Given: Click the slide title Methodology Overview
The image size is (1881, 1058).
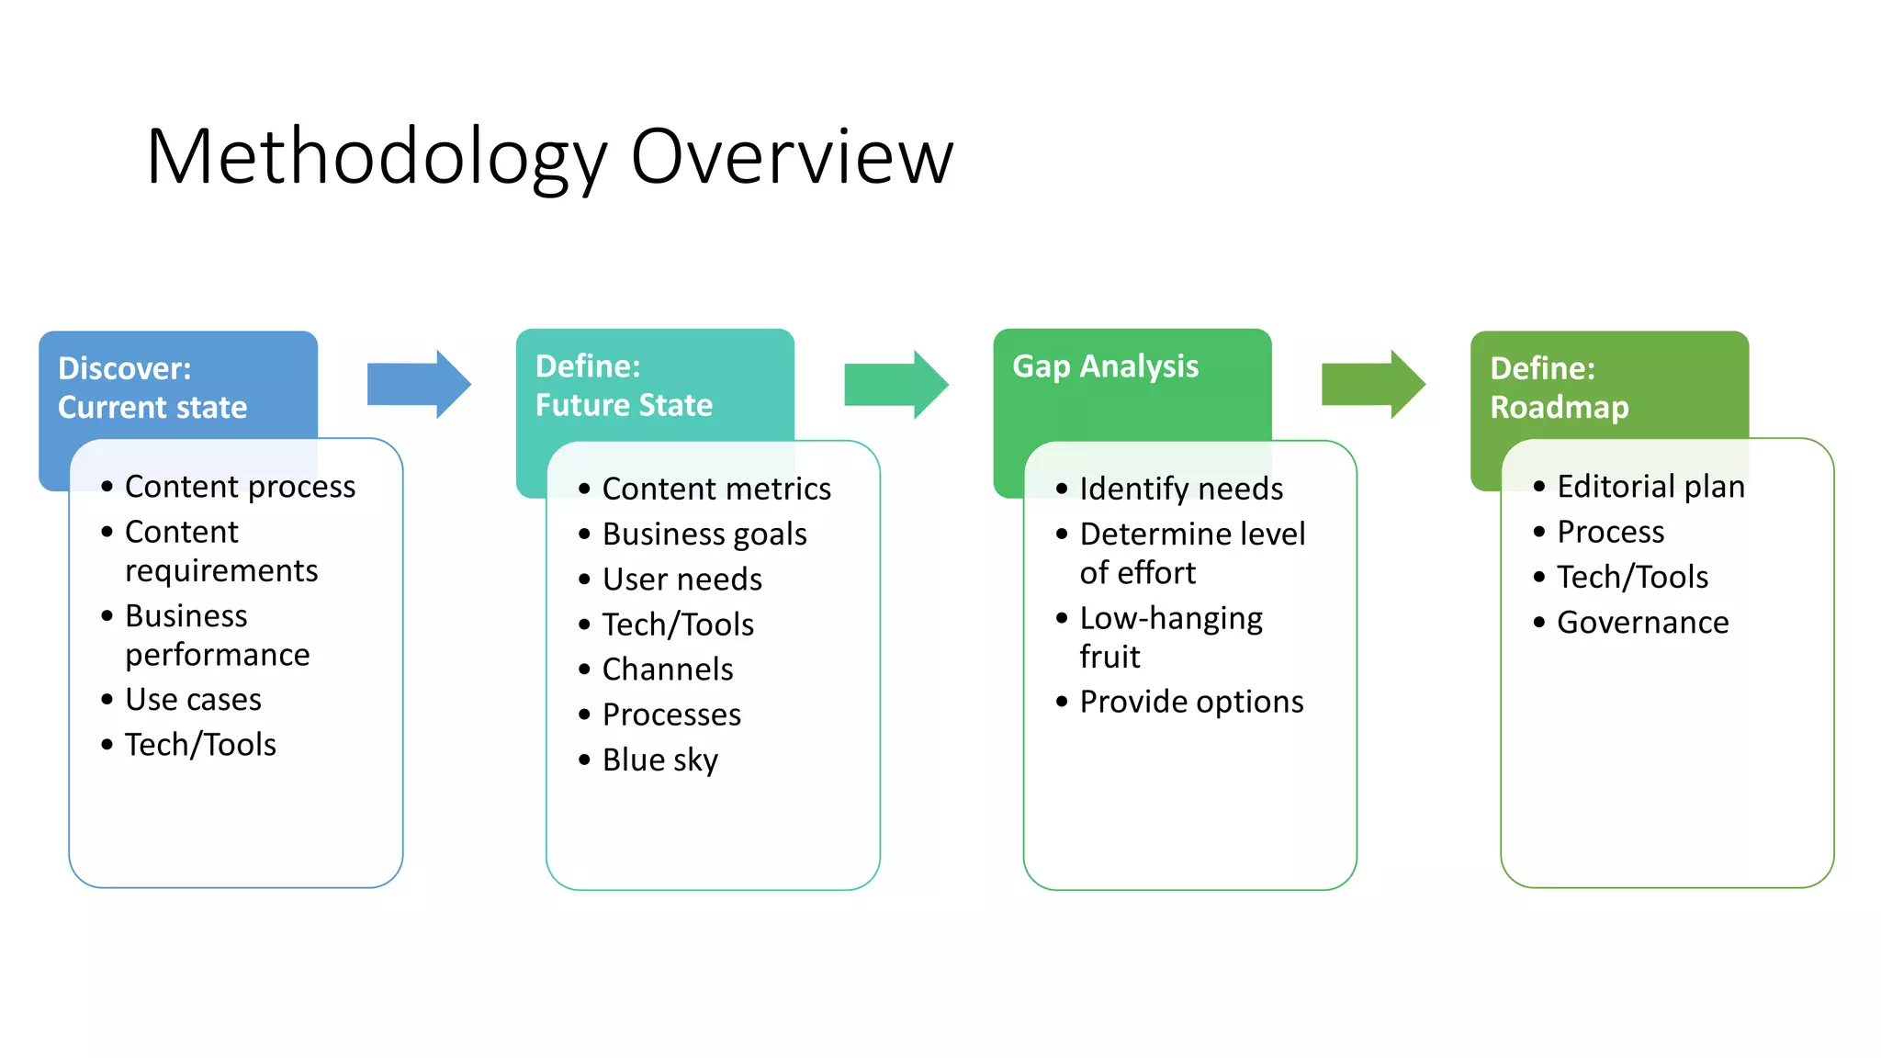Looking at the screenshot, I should (549, 157).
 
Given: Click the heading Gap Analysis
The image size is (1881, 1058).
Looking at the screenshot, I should (1105, 366).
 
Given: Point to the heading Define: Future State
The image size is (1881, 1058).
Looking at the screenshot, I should (624, 386).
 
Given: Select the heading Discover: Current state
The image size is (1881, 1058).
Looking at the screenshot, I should (152, 388).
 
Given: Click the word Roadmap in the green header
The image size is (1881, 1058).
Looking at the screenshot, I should (1559, 407).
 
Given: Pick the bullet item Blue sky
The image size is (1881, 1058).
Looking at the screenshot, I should (659, 760).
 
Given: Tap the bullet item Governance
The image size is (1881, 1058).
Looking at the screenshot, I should (1642, 623).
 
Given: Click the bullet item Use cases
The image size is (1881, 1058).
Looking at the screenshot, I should (193, 700).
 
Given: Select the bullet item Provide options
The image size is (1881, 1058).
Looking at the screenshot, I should (1191, 702).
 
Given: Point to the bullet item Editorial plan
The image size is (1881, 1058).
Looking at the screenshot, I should (1650, 486).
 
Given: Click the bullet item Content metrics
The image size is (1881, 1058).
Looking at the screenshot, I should (716, 489).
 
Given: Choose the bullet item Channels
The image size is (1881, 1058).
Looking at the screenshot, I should (668, 670).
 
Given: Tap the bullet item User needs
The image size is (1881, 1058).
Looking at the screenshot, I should (681, 580).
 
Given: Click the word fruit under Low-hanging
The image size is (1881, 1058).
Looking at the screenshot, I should (1109, 657).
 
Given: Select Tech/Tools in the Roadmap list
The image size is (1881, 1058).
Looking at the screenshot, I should (1632, 577).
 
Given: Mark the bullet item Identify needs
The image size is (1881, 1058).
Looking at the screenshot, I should (1181, 489).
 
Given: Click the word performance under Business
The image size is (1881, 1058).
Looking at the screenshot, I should (217, 655).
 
